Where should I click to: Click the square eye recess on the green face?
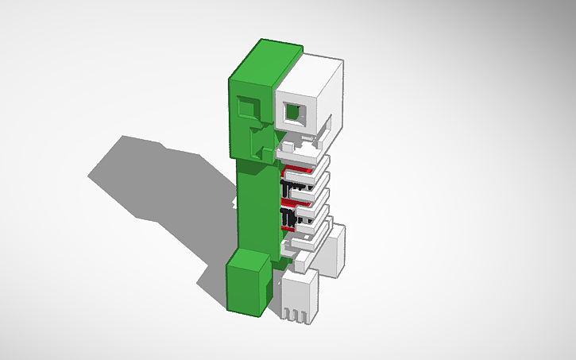click(248, 106)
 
